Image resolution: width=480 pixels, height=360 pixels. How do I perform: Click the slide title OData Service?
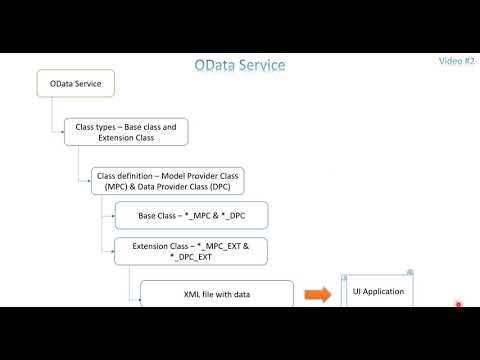[x=239, y=65]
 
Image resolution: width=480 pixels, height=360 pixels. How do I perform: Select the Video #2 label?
[x=455, y=61]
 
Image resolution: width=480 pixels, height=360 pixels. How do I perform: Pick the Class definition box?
[x=168, y=180]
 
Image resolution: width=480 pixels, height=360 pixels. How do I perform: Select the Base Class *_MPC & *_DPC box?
[x=189, y=215]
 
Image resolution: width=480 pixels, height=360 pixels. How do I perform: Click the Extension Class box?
[x=189, y=250]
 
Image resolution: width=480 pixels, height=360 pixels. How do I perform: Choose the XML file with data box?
[x=216, y=294]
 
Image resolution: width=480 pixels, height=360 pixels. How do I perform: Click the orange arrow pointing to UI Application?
[x=317, y=294]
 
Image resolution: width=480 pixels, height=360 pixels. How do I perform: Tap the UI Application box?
[x=378, y=291]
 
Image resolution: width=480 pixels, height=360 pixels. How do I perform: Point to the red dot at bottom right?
[x=458, y=304]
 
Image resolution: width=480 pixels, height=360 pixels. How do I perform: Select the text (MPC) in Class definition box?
[x=110, y=186]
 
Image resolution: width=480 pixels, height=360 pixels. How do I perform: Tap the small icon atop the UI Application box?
[x=409, y=272]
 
